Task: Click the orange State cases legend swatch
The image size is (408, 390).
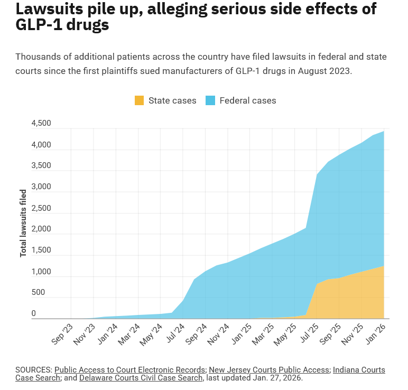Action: tap(140, 100)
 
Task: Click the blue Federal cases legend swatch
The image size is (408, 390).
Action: tap(210, 100)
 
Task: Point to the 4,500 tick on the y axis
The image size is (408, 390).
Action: tap(41, 123)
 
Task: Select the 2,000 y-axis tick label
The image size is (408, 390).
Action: tap(41, 229)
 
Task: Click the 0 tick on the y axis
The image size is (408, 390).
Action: tap(33, 313)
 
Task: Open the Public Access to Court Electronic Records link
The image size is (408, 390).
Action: tap(129, 369)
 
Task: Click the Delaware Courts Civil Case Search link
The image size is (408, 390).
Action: tap(141, 378)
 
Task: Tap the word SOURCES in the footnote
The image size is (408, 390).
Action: tap(33, 369)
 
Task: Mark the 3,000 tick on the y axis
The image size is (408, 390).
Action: tap(41, 187)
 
